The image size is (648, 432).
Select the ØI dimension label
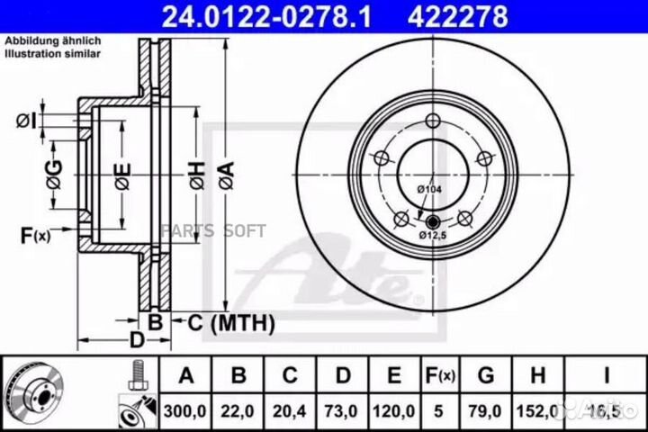(26, 120)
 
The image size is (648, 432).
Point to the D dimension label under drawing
(136, 340)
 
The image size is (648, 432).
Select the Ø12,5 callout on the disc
(432, 235)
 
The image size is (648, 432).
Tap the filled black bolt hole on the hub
(432, 221)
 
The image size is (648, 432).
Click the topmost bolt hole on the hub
(432, 122)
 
